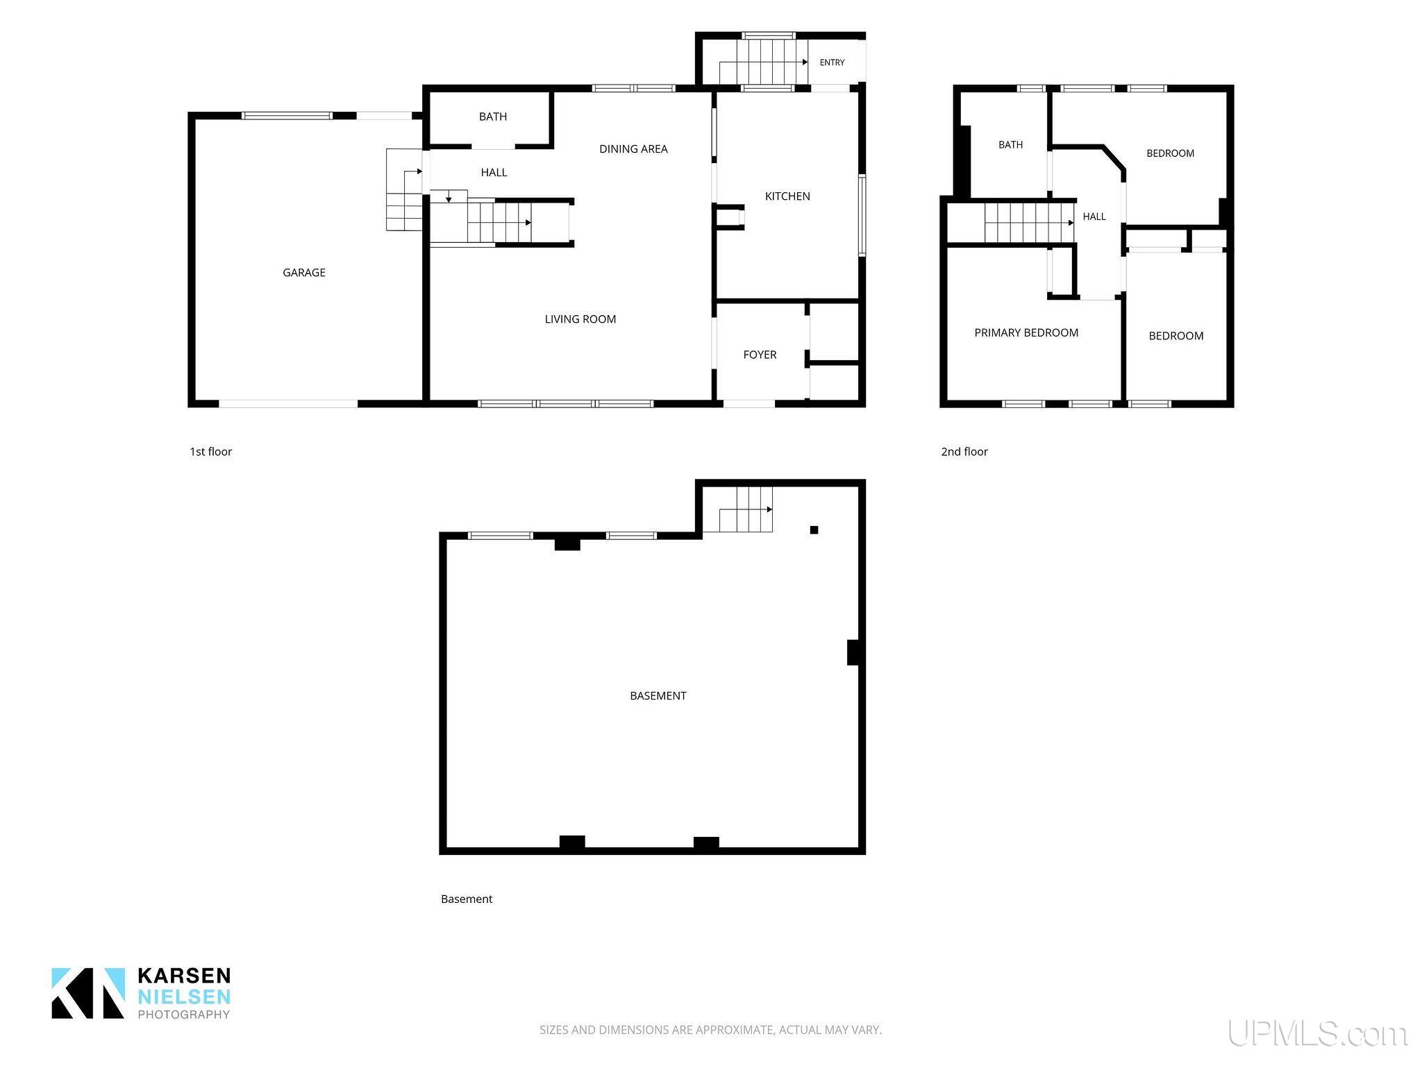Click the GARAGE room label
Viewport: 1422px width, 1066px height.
[303, 273]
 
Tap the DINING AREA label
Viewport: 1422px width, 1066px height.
[633, 149]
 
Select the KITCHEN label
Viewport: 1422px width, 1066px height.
[787, 196]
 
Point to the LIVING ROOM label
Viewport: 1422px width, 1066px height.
[580, 319]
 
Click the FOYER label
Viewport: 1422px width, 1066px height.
[760, 355]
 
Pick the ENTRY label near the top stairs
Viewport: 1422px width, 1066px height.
[832, 62]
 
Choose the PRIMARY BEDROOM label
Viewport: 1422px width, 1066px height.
[1026, 332]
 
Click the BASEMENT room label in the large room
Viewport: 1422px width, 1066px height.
[658, 695]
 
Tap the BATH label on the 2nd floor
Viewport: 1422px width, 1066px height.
[1010, 145]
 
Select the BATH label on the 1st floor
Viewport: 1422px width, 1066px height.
[493, 117]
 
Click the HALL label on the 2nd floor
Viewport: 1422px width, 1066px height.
[1094, 217]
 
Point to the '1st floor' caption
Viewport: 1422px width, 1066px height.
[211, 452]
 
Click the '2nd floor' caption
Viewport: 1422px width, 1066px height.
[964, 452]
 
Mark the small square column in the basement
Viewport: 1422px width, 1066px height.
[814, 530]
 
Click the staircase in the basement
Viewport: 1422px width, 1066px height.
[746, 509]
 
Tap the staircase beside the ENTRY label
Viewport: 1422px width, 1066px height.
[762, 62]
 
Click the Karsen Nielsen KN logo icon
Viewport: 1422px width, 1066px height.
[88, 993]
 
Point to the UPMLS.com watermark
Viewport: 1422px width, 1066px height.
[1317, 1033]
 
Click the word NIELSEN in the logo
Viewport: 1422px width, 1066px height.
[184, 997]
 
